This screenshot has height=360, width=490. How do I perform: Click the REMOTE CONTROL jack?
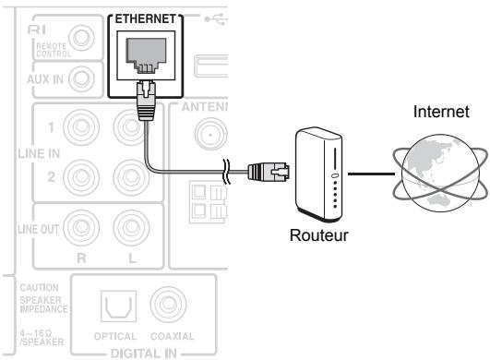point(85,39)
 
